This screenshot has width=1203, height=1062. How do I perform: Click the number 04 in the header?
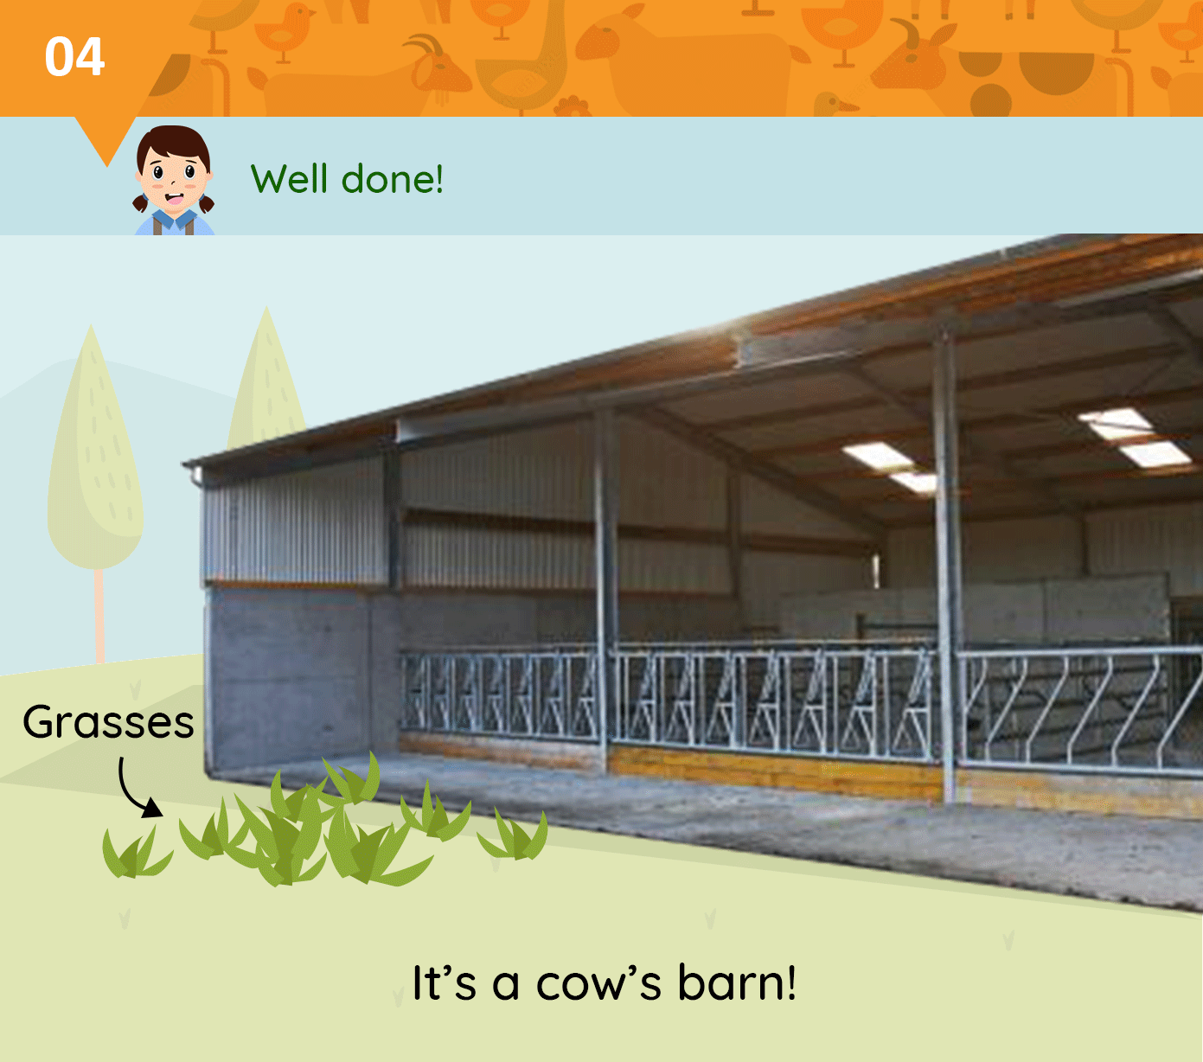click(75, 57)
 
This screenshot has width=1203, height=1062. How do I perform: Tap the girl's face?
click(173, 177)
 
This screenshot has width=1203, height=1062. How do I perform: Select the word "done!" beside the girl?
click(393, 178)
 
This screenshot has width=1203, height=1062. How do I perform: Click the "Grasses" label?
click(109, 723)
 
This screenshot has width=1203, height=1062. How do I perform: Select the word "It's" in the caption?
click(445, 983)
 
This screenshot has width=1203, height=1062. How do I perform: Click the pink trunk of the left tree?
click(99, 616)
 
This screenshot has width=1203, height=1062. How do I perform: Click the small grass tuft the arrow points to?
click(137, 853)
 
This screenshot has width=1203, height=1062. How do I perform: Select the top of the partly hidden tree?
click(266, 309)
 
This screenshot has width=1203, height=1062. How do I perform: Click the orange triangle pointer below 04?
click(107, 140)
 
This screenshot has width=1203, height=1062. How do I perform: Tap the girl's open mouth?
click(174, 198)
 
